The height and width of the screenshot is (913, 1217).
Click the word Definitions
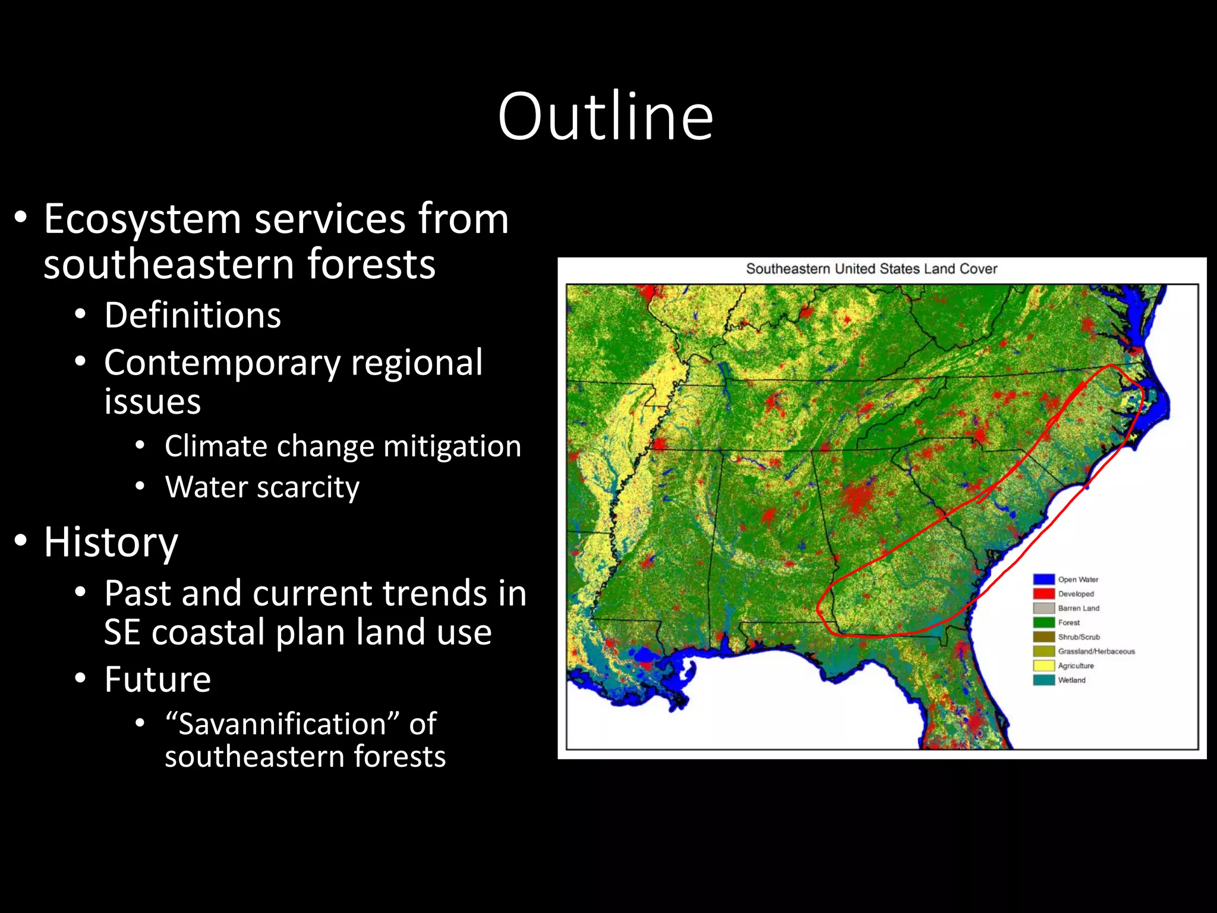(x=193, y=315)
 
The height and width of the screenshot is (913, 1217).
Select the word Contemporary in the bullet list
(x=222, y=363)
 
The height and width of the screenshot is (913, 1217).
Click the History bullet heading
(x=111, y=542)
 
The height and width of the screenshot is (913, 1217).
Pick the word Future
(x=157, y=679)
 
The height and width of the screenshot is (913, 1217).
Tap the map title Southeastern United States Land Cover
(x=871, y=269)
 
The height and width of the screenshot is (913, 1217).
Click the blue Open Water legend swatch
(x=1043, y=579)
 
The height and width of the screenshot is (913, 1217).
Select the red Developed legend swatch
(x=1043, y=593)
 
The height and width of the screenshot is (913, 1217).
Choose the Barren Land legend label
(x=1079, y=608)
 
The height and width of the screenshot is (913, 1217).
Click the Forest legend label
(x=1068, y=622)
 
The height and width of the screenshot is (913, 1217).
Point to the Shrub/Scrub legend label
(x=1079, y=637)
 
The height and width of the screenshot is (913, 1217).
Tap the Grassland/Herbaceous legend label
(x=1096, y=651)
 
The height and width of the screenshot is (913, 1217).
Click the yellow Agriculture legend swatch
(x=1043, y=666)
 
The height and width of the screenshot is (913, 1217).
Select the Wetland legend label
(x=1071, y=680)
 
